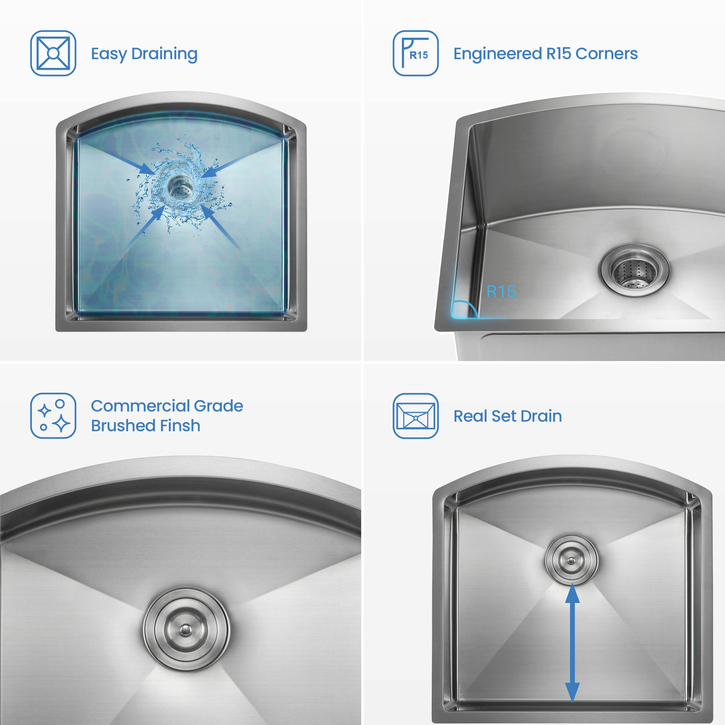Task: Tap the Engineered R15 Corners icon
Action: [415, 53]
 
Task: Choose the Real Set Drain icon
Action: [415, 416]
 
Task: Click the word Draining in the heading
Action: [164, 54]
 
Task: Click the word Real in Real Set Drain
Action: [470, 416]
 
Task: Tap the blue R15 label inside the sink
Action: [501, 291]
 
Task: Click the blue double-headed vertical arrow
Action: [572, 642]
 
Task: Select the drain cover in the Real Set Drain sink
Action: [571, 561]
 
